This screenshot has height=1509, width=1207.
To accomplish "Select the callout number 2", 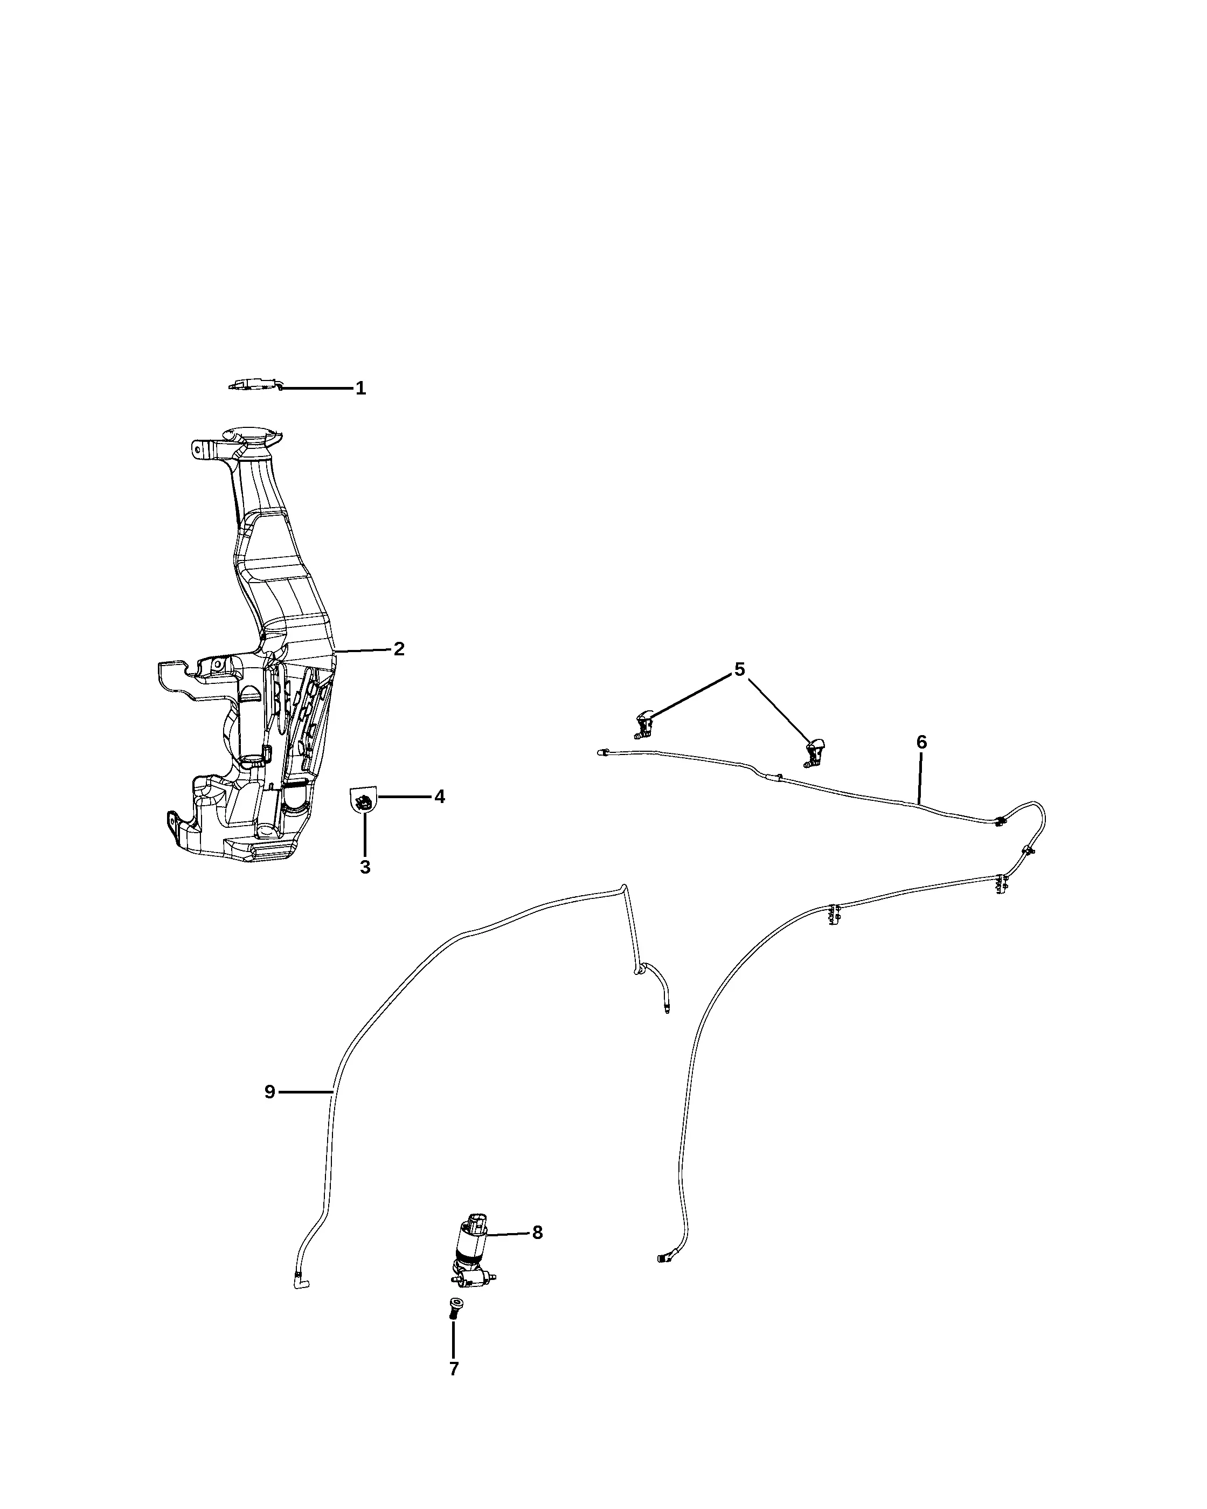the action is (x=399, y=649).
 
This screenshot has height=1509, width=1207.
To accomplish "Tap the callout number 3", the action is (x=365, y=867).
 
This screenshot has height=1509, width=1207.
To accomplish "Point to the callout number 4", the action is (x=439, y=797).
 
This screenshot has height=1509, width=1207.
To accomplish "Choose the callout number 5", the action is (x=740, y=669).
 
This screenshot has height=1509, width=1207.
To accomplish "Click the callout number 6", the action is (x=921, y=742).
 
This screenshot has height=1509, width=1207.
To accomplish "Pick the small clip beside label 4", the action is (x=363, y=801).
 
